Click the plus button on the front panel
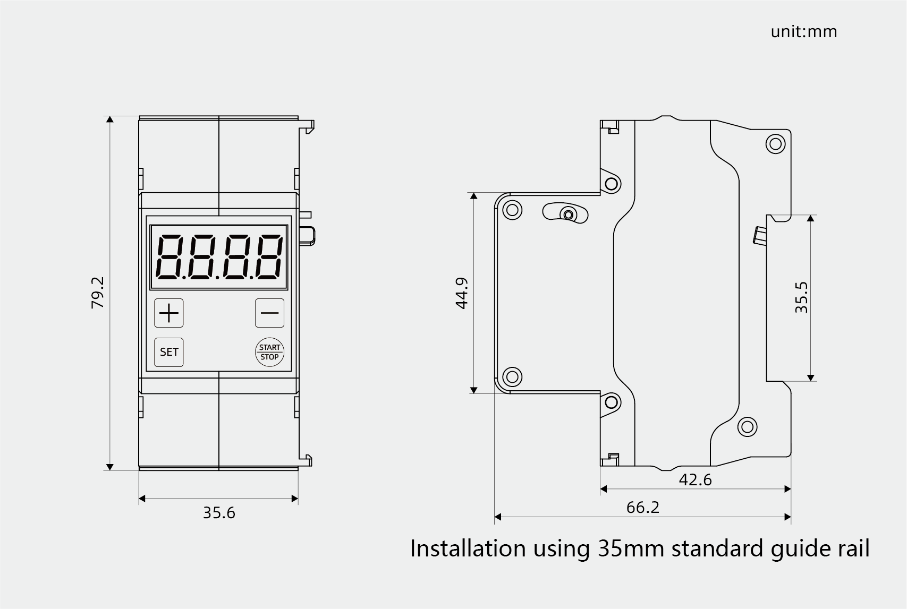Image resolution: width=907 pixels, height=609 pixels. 169,313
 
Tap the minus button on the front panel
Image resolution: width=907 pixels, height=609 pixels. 270,313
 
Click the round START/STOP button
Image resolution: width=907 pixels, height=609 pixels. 270,352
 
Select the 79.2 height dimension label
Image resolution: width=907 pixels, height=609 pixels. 98,293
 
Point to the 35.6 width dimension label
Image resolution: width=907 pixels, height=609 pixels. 219,513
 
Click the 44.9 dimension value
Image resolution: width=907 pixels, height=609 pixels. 462,294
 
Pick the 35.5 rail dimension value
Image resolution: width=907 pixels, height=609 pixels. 801,297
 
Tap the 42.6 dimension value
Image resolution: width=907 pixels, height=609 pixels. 695,480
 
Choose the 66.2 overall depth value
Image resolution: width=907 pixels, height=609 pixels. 643,508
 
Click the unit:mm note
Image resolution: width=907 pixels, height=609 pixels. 804,32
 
